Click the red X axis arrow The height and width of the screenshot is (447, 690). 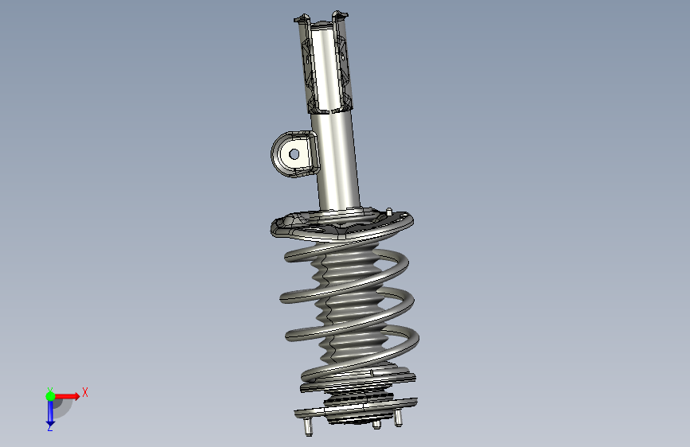pyautogui.click(x=67, y=396)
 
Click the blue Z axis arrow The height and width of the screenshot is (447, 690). pyautogui.click(x=50, y=413)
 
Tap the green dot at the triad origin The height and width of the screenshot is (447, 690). pyautogui.click(x=50, y=396)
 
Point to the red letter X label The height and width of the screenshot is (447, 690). pyautogui.click(x=85, y=392)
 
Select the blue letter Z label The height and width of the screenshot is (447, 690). pyautogui.click(x=49, y=427)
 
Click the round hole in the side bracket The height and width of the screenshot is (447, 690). pyautogui.click(x=294, y=154)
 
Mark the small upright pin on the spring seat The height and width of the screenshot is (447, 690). pyautogui.click(x=388, y=212)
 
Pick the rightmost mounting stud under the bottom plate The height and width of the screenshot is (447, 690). pyautogui.click(x=398, y=418)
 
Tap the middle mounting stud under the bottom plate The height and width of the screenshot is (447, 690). pyautogui.click(x=376, y=424)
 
